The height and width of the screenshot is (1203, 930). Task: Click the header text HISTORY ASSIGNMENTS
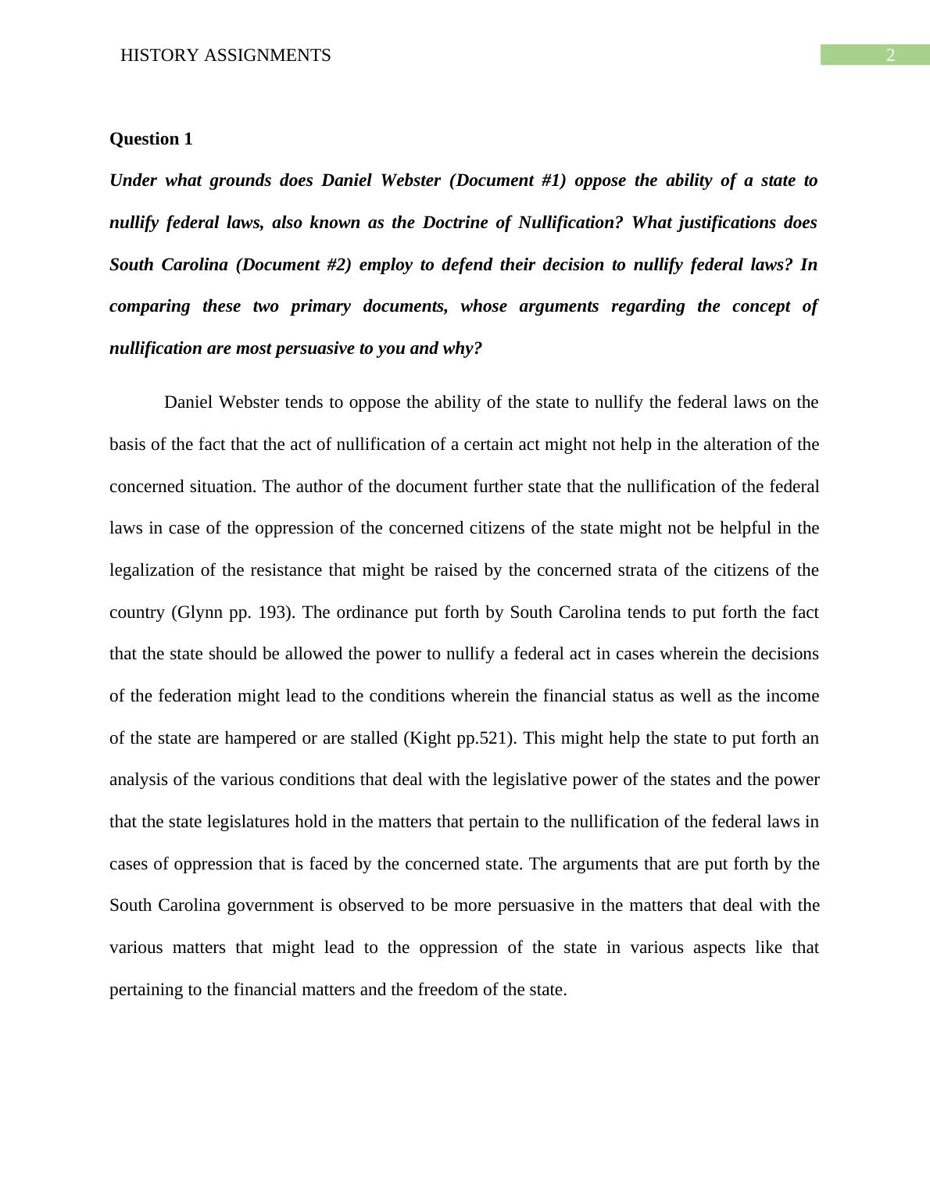pos(225,55)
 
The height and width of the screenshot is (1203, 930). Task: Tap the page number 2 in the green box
pos(889,55)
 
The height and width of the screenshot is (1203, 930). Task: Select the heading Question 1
pos(151,139)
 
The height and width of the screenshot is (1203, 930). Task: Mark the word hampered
pos(260,738)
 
